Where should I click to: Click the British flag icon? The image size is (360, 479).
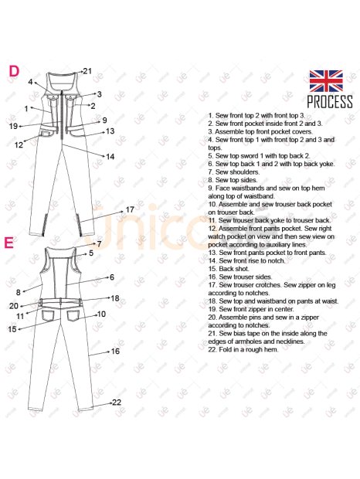326,81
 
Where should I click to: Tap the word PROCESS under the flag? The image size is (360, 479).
330,102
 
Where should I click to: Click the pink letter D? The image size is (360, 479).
14,71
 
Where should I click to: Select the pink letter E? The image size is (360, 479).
8,243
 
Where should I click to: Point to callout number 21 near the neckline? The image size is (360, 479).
87,71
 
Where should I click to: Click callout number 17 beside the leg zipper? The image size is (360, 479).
130,209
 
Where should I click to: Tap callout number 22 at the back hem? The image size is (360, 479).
117,403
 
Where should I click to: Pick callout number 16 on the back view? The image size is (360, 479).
115,352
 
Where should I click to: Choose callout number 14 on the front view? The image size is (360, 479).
110,157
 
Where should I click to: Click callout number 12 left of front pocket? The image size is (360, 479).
19,144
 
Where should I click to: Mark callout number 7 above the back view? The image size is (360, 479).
99,244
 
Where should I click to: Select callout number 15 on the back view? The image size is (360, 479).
12,329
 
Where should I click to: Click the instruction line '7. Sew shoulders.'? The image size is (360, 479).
233,172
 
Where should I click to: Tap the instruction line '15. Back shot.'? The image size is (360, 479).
229,269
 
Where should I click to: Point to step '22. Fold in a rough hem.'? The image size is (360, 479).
243,349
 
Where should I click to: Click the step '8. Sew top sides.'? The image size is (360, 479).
233,180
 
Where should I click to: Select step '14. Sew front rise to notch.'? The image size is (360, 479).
246,260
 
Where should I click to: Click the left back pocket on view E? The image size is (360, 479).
48,315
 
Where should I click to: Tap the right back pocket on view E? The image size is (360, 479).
73,315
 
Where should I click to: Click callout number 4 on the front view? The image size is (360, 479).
30,82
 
